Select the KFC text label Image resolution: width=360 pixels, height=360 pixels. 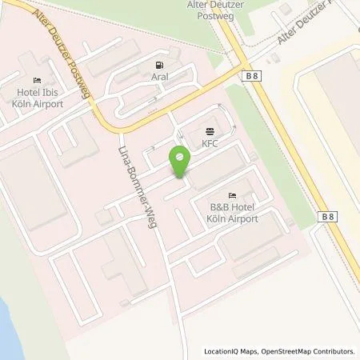click(x=210, y=145)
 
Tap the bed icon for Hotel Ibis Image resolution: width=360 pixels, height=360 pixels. click(x=37, y=81)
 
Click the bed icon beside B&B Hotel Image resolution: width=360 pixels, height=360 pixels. click(x=232, y=195)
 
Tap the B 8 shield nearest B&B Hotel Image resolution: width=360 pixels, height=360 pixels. click(x=327, y=217)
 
